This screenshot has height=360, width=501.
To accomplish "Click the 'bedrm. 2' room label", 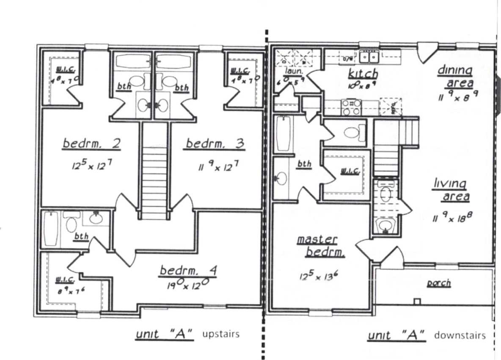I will click(92, 144).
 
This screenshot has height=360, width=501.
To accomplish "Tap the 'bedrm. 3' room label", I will click(215, 144).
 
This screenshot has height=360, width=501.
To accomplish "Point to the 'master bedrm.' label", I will click(321, 246).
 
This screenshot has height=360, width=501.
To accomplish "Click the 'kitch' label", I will click(363, 74).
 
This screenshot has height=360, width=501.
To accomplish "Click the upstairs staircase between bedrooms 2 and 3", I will click(154, 182).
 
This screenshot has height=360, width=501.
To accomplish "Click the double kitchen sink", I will click(369, 56).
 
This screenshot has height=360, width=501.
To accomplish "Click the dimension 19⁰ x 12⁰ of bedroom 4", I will click(186, 285).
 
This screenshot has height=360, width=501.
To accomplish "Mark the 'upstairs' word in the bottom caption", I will click(221, 334).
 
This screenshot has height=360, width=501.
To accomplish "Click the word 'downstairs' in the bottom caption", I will click(460, 335).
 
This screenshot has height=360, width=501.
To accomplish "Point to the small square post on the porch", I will click(417, 302).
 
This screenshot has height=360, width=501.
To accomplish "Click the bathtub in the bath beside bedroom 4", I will click(51, 229).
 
